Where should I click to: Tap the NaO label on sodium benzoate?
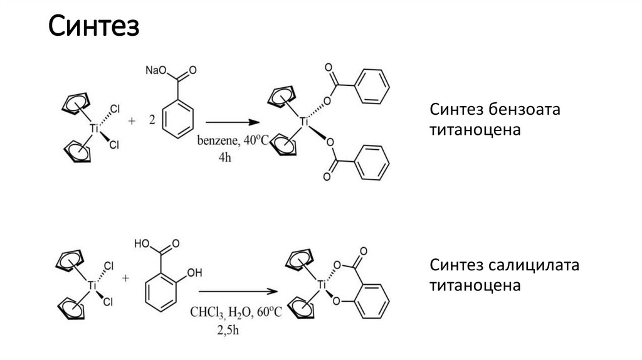coord(154,70)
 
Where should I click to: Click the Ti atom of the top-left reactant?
coord(94,128)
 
